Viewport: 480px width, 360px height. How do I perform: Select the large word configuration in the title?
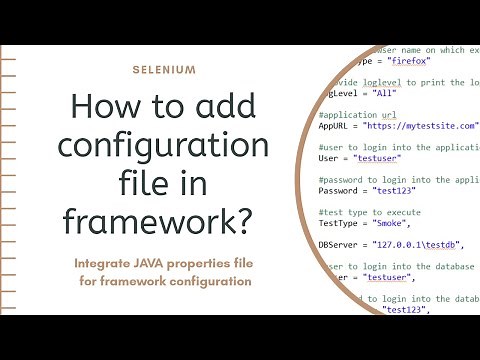[x=164, y=146]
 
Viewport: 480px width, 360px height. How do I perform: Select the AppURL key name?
[x=337, y=127]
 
